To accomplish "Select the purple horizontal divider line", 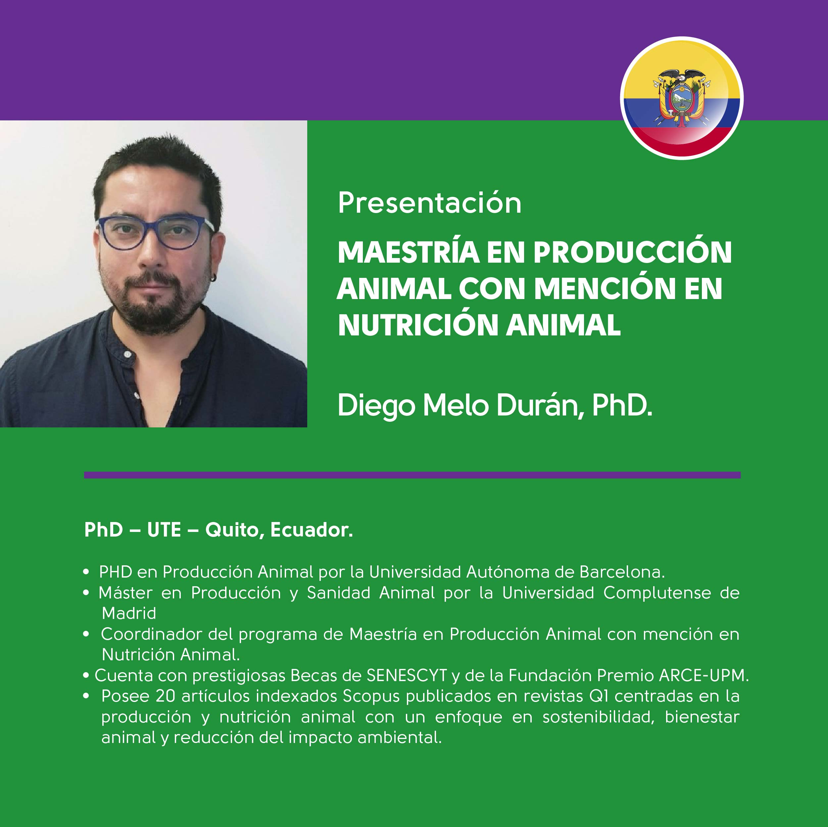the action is point(412,474).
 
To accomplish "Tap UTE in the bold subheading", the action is point(164,530).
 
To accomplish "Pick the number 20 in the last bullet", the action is point(166,696).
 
